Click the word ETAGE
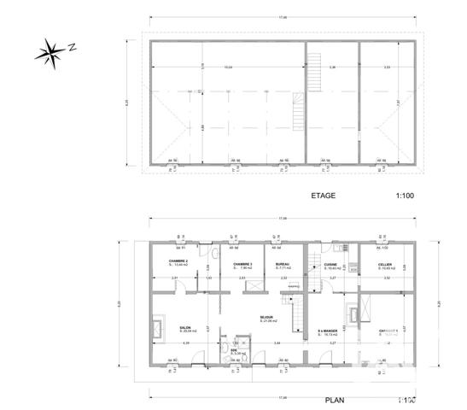point(324,196)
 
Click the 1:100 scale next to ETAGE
point(405,196)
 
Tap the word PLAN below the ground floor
point(336,399)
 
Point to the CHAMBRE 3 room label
point(242,264)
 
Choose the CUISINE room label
point(330,264)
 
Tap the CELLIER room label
point(373,264)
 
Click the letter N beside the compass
point(73,48)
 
